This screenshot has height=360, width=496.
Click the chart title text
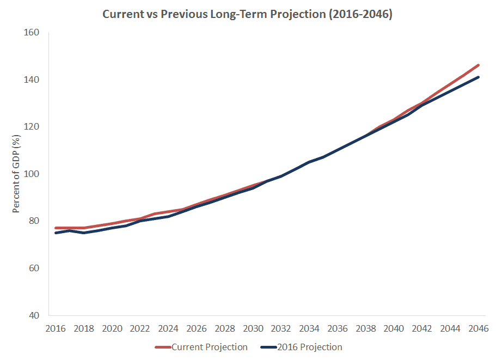pos(248,14)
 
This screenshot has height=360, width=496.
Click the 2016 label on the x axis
pos(56,328)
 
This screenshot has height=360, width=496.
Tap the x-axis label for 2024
pos(168,328)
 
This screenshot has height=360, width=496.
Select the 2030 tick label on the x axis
pos(253,328)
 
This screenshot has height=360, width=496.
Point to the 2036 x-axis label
pos(338,328)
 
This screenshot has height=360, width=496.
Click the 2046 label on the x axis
pos(478,328)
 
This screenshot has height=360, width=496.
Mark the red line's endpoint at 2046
pos(478,65)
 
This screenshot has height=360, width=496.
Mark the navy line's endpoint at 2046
pos(478,77)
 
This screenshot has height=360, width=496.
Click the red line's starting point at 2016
pos(56,228)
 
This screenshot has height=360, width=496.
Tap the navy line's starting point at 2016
pos(56,233)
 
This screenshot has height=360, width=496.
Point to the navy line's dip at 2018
pos(84,233)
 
